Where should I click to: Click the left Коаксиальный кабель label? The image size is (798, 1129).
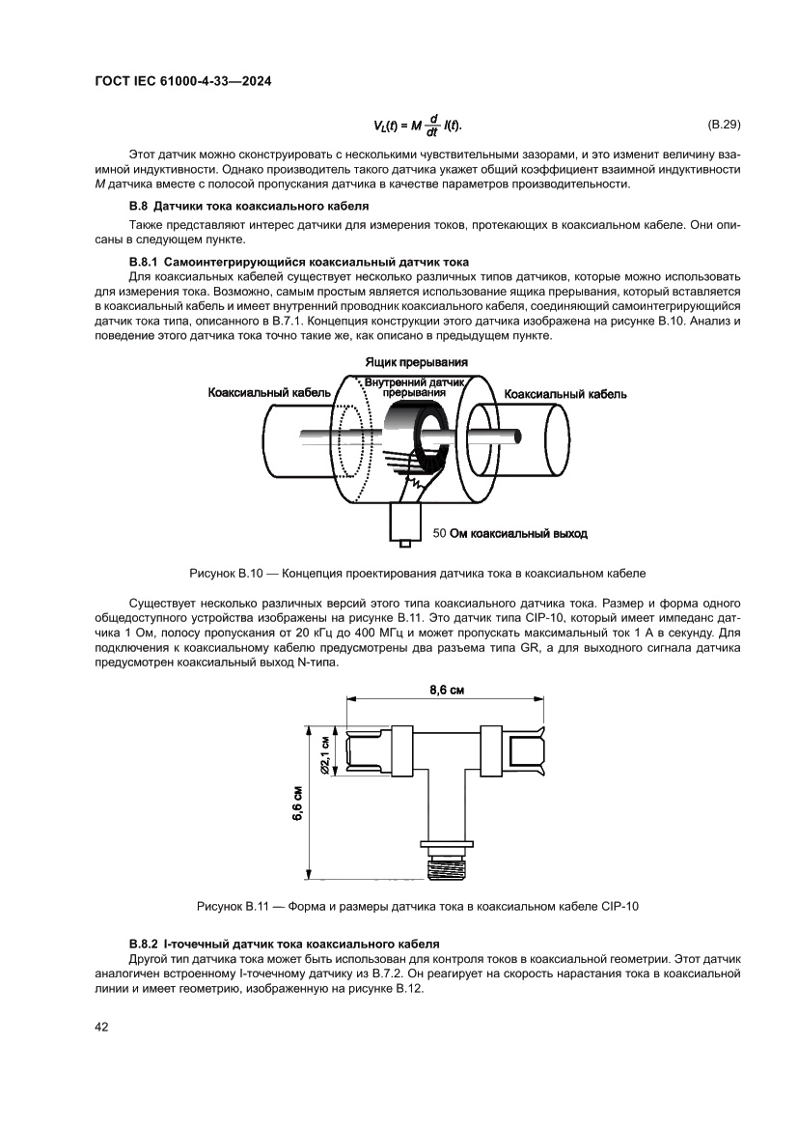(269, 393)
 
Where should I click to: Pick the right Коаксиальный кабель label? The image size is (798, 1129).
(565, 394)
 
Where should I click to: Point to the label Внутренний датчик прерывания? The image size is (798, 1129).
(414, 388)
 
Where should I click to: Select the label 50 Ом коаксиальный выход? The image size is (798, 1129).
(510, 533)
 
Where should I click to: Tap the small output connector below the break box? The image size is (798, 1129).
(404, 524)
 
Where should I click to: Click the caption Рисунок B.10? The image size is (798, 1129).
(417, 573)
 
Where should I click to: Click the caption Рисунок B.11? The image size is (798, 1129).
(417, 906)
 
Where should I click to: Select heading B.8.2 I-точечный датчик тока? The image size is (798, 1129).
(285, 943)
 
